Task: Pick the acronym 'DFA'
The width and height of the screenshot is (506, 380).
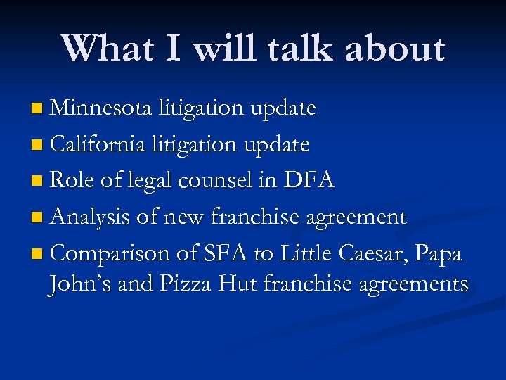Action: pos(309,181)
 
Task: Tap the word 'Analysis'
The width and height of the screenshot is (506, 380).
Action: pos(91,217)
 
